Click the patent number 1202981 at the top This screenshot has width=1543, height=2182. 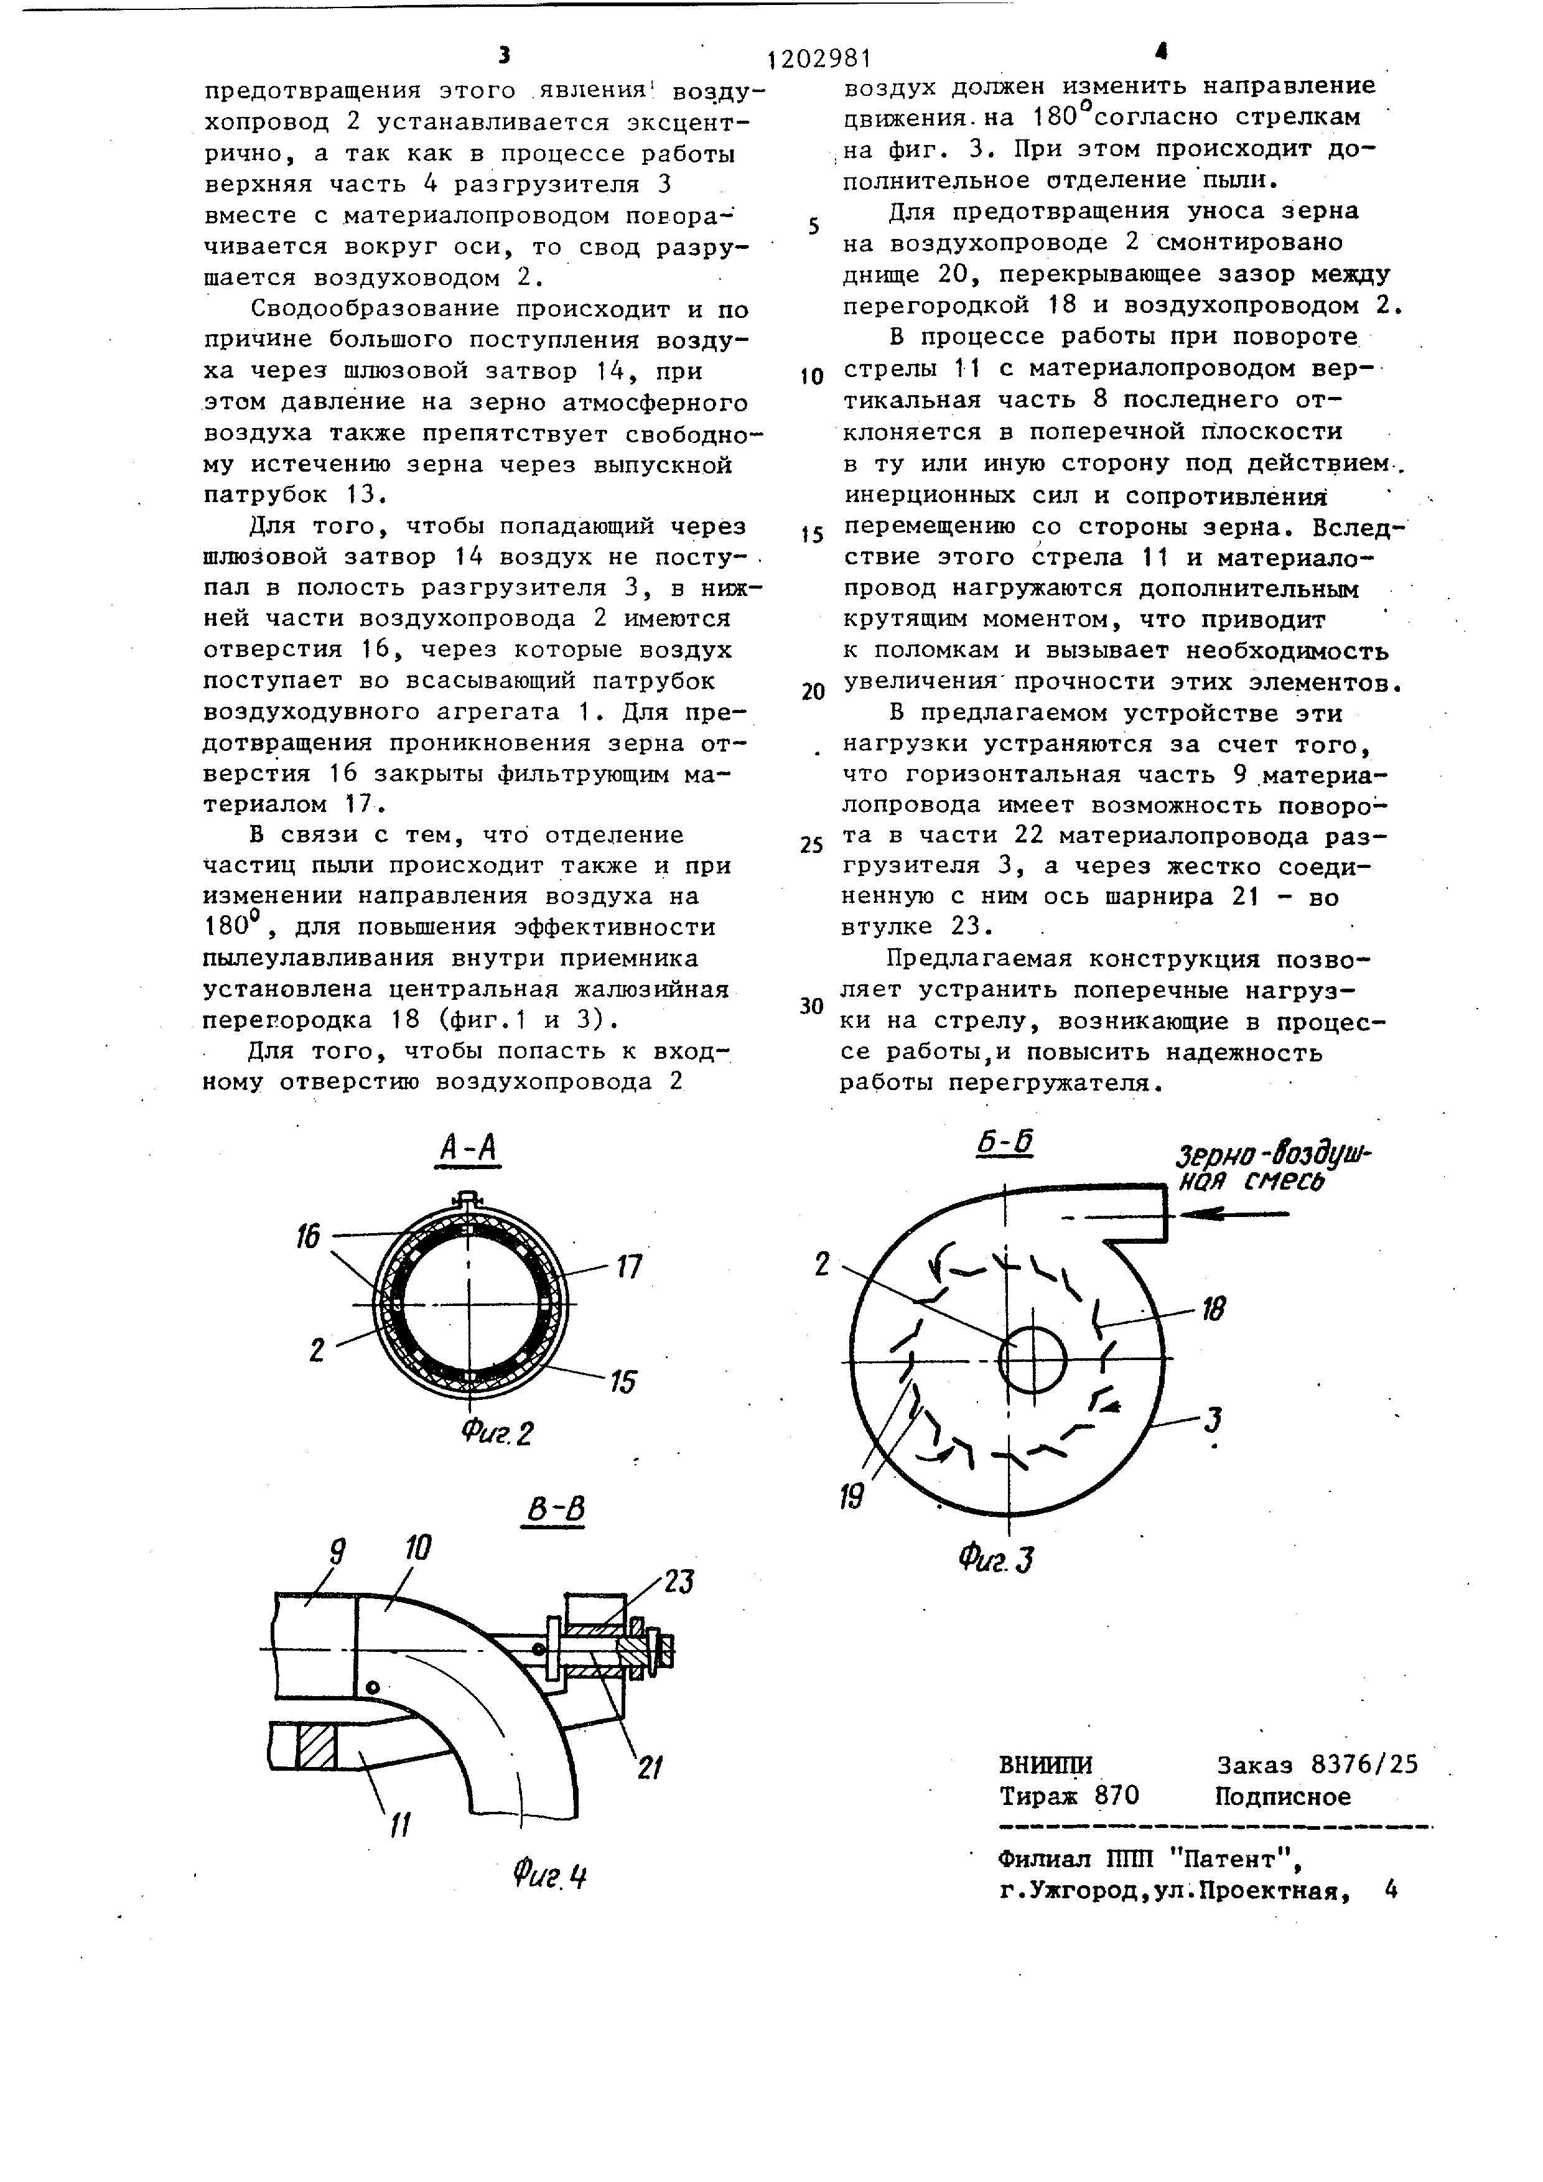tap(819, 59)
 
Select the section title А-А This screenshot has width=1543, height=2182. tap(468, 1150)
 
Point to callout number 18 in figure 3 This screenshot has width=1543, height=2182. tap(1213, 1308)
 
